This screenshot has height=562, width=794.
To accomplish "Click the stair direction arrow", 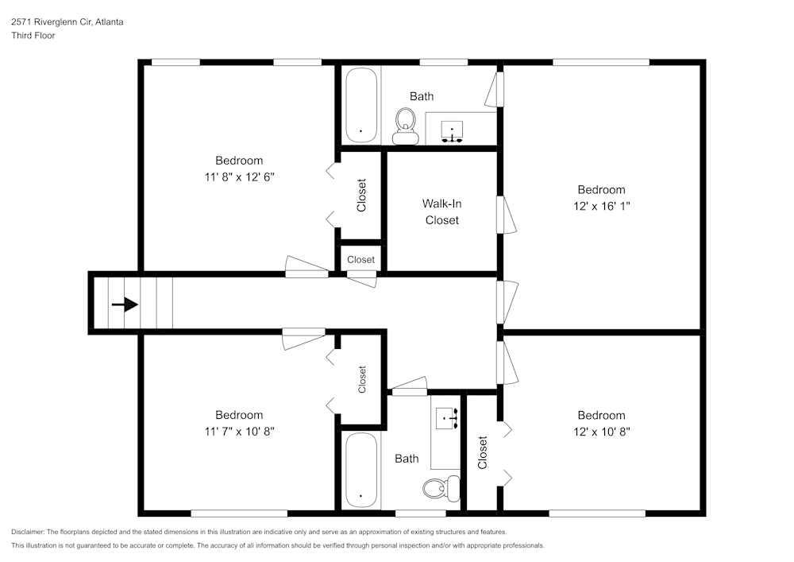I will click(125, 304).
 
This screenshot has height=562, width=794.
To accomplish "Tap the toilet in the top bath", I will click(407, 126).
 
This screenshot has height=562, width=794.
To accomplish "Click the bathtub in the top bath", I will click(361, 105).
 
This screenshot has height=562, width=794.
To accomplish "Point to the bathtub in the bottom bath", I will click(361, 469).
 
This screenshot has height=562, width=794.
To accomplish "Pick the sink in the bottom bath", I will click(447, 417).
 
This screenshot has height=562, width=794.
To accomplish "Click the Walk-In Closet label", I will click(441, 211).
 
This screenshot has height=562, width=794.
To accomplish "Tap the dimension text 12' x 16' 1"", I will click(601, 206).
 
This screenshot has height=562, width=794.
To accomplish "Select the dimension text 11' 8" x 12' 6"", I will click(239, 176).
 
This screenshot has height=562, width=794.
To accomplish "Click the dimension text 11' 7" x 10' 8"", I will click(239, 431).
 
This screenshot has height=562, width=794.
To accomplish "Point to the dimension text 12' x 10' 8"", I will click(601, 431).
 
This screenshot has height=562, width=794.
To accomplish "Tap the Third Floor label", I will click(33, 36).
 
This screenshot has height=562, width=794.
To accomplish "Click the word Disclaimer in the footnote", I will click(28, 532).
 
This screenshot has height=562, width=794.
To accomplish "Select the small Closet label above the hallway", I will click(360, 260).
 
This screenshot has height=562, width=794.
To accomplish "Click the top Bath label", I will click(422, 96).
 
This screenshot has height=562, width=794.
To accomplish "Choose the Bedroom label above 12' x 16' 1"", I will click(601, 189).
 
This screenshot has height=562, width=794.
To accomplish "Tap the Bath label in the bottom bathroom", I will click(407, 459).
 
